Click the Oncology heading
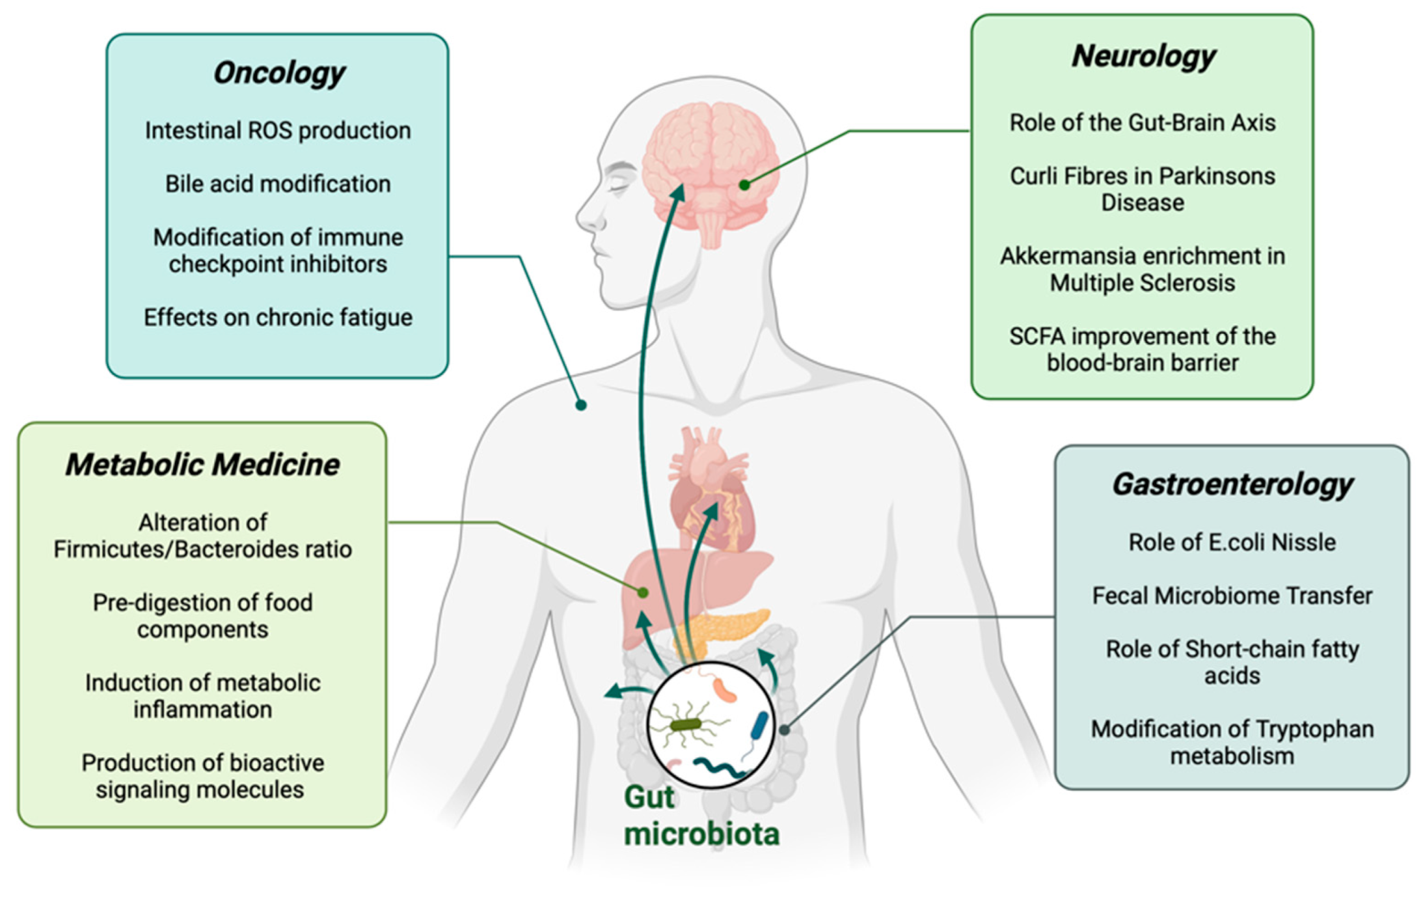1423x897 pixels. pos(278,73)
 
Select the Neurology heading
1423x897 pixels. pos(1143,57)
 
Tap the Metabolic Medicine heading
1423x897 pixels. pos(202,465)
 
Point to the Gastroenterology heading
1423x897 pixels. pos(1232,485)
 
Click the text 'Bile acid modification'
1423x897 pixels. pos(278,184)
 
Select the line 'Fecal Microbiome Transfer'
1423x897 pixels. pos(1232,596)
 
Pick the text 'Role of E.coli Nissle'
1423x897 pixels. pos(1232,542)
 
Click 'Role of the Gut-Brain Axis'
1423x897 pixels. pos(1142,123)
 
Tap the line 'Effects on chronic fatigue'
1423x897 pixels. pos(278,318)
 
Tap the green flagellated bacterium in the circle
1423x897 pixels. pos(686,724)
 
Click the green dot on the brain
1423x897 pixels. pos(744,185)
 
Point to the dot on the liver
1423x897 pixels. pos(643,592)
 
